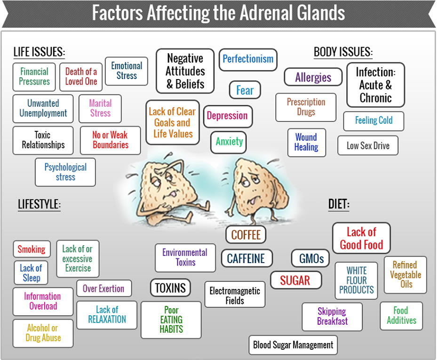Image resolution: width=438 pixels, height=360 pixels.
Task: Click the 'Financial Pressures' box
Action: (x=34, y=77)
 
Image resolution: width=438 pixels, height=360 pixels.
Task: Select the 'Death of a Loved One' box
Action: (x=81, y=77)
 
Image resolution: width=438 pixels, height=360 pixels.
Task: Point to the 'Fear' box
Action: (x=245, y=90)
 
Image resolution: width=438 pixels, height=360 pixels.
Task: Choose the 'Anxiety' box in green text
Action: (x=229, y=142)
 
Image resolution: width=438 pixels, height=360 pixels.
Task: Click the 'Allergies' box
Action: (x=313, y=77)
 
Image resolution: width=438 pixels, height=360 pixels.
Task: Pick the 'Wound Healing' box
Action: (x=307, y=142)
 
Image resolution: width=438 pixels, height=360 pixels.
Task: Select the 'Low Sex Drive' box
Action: (x=368, y=145)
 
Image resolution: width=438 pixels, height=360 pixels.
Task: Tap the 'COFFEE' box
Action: (x=246, y=235)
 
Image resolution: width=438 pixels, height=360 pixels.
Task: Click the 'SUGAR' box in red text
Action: (x=296, y=280)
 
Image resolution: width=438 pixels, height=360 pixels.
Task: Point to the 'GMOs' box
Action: (x=311, y=258)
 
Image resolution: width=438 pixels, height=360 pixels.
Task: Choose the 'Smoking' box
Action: (x=32, y=249)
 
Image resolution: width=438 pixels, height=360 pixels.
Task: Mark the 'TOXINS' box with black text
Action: (x=170, y=288)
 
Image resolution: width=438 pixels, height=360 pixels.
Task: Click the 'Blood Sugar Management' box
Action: (x=293, y=345)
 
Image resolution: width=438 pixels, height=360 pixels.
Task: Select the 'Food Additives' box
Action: (x=401, y=316)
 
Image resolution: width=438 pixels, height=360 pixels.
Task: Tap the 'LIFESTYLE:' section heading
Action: (x=39, y=204)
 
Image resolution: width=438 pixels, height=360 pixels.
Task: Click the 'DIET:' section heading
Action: (x=339, y=204)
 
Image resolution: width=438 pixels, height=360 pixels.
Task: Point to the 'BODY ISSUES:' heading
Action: (x=343, y=52)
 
